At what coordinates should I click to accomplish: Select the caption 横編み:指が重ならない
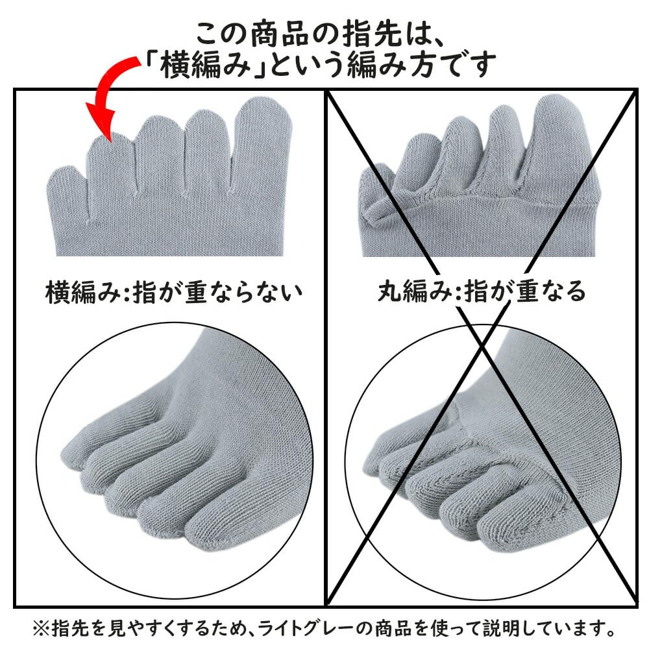(x=174, y=293)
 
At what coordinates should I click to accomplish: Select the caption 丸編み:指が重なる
(x=482, y=293)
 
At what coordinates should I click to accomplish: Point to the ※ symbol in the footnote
(x=40, y=629)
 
